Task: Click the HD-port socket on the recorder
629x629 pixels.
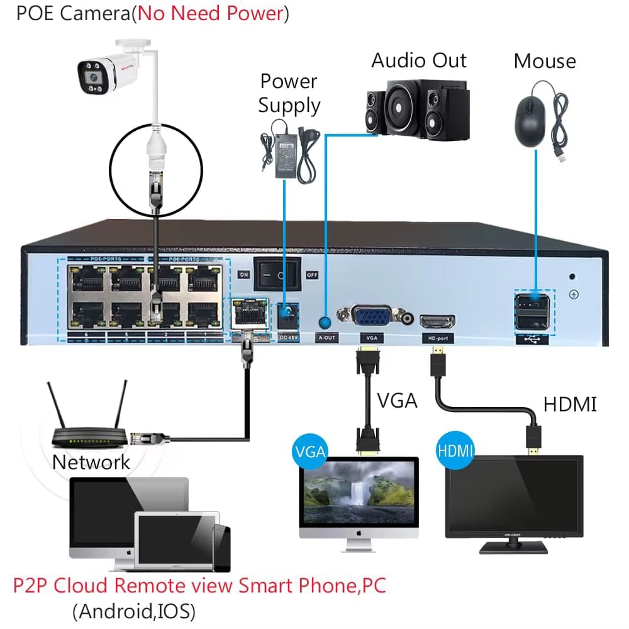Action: (x=438, y=322)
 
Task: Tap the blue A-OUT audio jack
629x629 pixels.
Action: (x=325, y=323)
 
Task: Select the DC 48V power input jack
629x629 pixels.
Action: (x=287, y=314)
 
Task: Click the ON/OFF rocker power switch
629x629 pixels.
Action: (x=277, y=274)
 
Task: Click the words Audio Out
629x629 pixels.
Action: (x=419, y=60)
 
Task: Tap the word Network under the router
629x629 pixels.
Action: (x=91, y=462)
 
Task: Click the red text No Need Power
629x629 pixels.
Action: (x=210, y=14)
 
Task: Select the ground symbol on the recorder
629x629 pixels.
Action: (x=573, y=293)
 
